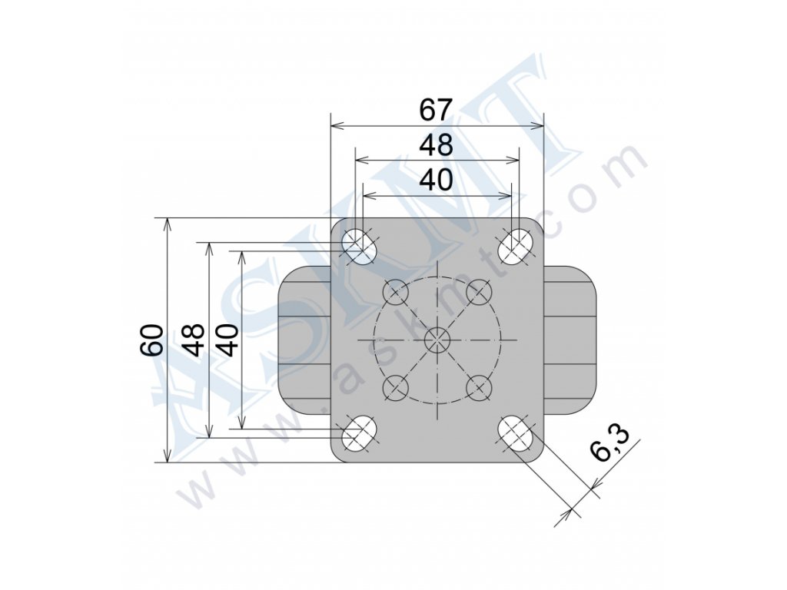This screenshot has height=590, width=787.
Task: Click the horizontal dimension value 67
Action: coord(437,110)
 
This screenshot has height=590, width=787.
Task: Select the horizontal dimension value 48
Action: coord(437,145)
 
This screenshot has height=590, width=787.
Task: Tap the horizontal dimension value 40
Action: coord(437,180)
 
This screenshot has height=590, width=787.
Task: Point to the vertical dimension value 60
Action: coord(151,340)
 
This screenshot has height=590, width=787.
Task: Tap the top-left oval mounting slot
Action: coord(359,246)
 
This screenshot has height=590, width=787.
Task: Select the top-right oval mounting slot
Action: coord(515,247)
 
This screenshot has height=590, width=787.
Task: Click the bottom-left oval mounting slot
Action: coord(359,433)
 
